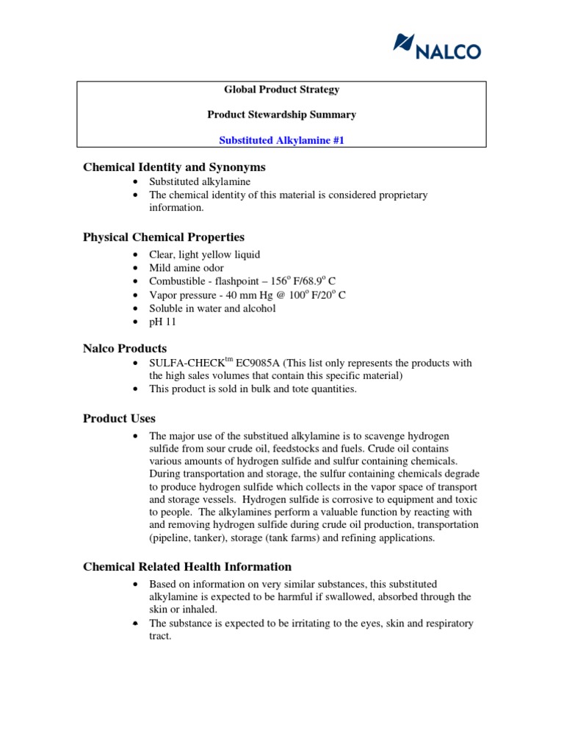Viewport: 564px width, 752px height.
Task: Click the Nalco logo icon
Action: [403, 43]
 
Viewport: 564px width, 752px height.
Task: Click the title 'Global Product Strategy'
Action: [281, 90]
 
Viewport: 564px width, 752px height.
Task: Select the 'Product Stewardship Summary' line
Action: [281, 115]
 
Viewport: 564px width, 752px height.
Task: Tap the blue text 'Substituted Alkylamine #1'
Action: [281, 140]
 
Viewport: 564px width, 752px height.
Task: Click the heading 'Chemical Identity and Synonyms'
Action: [174, 167]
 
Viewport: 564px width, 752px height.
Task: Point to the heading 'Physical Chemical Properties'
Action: [164, 237]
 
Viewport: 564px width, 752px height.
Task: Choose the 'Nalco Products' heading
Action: [125, 349]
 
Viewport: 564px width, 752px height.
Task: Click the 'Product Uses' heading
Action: [119, 419]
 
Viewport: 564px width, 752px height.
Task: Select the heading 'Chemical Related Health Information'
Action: [187, 567]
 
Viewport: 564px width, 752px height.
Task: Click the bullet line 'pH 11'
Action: [163, 322]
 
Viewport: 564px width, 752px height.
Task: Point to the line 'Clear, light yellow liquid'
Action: [204, 255]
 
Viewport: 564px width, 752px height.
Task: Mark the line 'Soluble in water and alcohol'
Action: [212, 308]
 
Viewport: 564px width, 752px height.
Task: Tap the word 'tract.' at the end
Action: [160, 637]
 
